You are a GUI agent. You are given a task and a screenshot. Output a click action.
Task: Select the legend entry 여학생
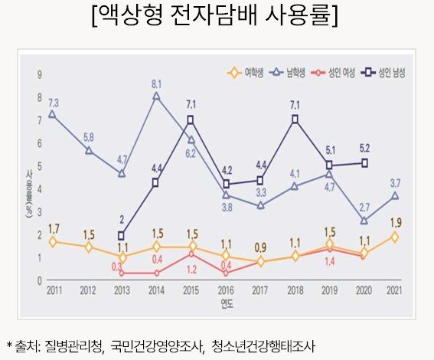pos(246,74)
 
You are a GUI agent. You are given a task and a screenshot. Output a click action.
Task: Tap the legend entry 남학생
pos(295,74)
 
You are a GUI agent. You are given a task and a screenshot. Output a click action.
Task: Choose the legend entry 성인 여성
pos(341,74)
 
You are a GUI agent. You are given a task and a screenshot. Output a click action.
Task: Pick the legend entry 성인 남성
pos(390,74)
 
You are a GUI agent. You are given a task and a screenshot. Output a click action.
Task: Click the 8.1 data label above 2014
pos(156,83)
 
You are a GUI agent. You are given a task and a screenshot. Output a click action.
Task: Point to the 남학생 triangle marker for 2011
pos(52,114)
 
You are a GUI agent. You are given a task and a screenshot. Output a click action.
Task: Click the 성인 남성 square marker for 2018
pos(295,119)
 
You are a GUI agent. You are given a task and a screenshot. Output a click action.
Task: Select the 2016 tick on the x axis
pos(226,291)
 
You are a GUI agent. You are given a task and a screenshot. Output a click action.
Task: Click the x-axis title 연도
pos(226,304)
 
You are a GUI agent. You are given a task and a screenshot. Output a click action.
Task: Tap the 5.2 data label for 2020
pos(365,148)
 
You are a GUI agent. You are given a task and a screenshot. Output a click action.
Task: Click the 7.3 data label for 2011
pos(54,102)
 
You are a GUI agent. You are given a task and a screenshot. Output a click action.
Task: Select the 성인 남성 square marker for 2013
pos(122,236)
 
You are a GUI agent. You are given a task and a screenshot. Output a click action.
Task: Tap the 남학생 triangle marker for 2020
pos(364,220)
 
